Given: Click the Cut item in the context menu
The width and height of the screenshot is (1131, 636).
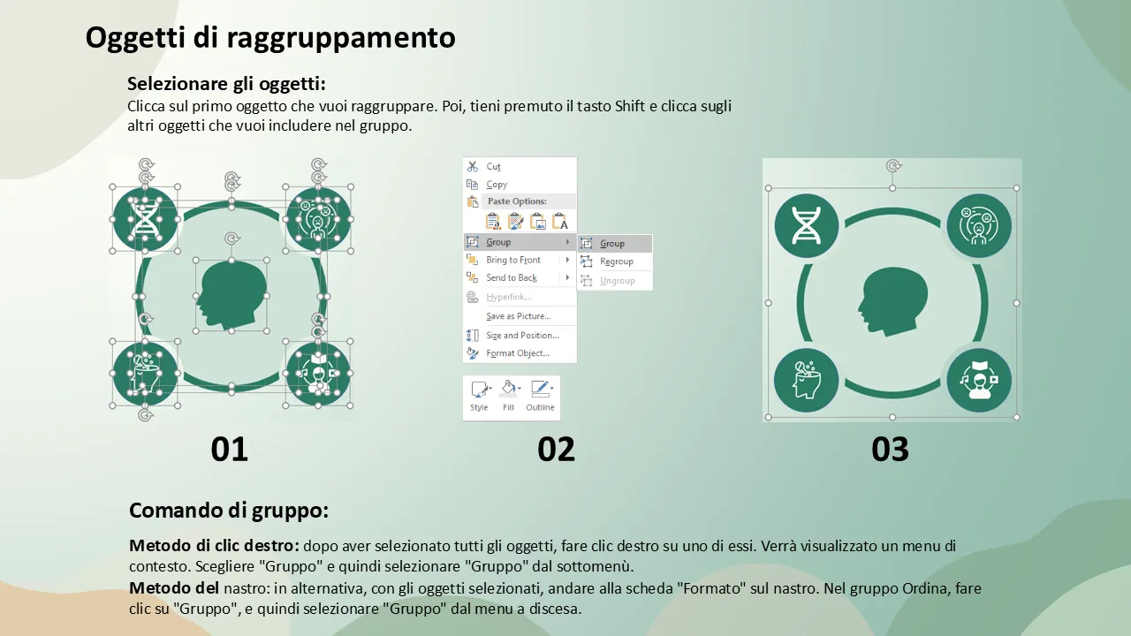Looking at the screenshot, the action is click(493, 167).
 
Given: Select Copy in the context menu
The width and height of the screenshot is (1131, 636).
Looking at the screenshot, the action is click(497, 185).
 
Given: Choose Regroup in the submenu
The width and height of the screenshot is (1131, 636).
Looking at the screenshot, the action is click(616, 261).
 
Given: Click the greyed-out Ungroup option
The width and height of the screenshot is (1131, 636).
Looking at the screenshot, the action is click(617, 281).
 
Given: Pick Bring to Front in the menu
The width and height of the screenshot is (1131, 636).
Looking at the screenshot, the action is click(513, 260).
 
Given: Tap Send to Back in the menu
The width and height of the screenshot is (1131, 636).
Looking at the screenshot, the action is click(511, 277).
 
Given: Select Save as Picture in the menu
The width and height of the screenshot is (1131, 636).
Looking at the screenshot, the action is click(518, 316).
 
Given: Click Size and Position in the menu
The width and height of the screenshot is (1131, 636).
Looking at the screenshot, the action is click(522, 335).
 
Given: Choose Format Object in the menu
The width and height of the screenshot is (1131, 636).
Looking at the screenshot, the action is click(517, 353).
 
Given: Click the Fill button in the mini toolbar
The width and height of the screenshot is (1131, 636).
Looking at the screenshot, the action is click(508, 396).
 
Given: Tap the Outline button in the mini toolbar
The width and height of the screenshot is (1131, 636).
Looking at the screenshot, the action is click(540, 396).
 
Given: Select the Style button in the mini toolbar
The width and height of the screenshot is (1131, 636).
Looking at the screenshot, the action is click(479, 396).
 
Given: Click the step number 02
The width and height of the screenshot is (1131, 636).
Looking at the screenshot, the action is click(556, 450).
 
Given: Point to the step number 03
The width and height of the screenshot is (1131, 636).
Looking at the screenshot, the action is click(890, 450).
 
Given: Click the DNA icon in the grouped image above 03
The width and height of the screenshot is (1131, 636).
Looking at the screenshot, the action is click(807, 225).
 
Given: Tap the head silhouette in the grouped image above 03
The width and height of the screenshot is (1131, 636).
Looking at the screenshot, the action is click(892, 301).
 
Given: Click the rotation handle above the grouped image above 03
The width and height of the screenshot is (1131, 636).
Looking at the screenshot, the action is click(893, 165).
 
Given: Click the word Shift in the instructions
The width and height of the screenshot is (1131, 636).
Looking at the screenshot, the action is click(630, 106).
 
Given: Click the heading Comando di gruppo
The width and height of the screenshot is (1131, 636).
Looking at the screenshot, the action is click(229, 511).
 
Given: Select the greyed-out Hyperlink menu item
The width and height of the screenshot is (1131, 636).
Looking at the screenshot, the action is click(508, 298).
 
